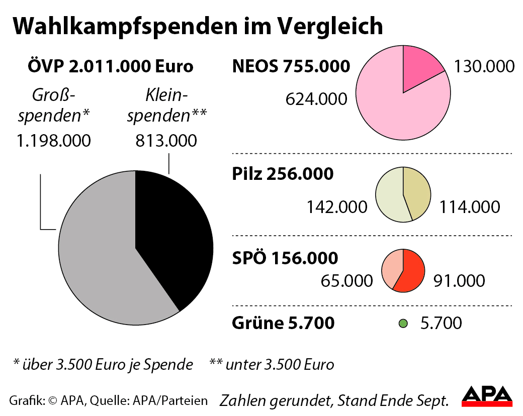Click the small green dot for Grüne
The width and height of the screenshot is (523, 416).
click(x=402, y=324)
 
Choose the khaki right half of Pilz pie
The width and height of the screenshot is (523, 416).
click(x=417, y=193)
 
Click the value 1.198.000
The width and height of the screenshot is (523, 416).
click(x=54, y=141)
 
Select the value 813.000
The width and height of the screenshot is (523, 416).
click(x=166, y=141)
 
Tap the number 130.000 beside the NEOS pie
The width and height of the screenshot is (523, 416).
click(x=484, y=66)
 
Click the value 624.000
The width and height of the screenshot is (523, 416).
click(x=316, y=99)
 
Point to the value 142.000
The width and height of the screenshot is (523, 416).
click(x=336, y=207)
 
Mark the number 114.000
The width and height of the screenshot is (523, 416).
click(x=470, y=207)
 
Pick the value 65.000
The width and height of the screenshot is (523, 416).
click(x=347, y=280)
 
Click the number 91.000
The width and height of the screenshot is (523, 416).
click(x=459, y=280)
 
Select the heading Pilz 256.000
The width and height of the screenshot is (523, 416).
click(x=283, y=174)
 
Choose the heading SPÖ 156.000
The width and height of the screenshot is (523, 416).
click(x=285, y=258)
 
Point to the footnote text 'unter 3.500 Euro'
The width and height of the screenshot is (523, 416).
click(x=280, y=364)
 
